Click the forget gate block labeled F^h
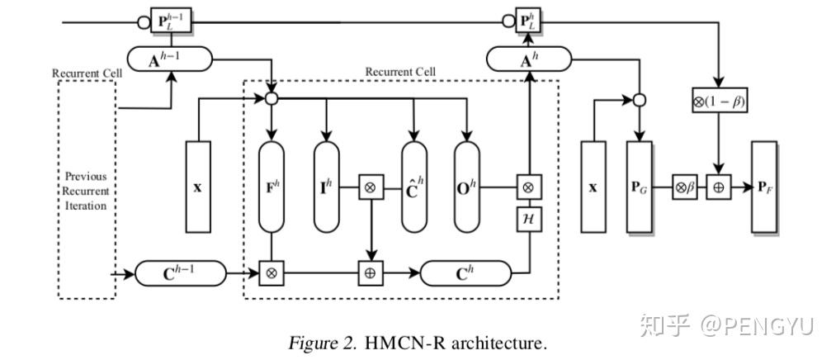[x=271, y=187]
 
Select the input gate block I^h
[x=327, y=187]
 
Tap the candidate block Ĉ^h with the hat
[x=414, y=187]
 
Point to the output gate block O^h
[x=468, y=187]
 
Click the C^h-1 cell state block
[x=179, y=272]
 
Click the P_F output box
[x=764, y=187]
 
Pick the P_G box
[x=640, y=187]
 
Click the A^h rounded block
[x=528, y=58]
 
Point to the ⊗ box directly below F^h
[x=271, y=272]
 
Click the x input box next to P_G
[x=593, y=187]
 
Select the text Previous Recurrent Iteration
[x=87, y=191]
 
